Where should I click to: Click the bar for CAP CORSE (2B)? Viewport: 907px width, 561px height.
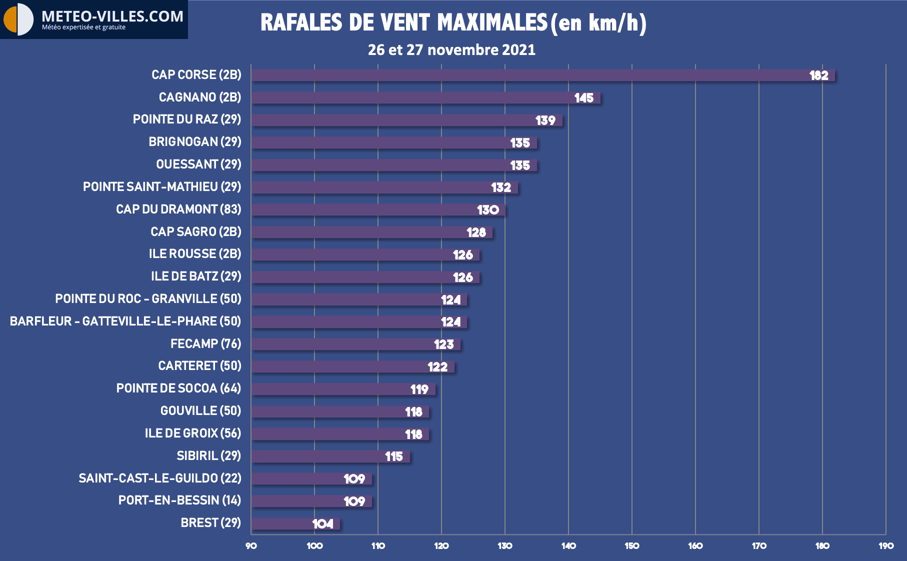542,75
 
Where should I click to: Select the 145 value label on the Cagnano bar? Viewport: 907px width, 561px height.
583,98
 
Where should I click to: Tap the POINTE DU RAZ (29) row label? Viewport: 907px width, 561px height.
187,119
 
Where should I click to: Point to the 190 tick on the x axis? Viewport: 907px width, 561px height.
886,546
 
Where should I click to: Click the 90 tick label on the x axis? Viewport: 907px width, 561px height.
251,546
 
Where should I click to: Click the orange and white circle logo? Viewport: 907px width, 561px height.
18,19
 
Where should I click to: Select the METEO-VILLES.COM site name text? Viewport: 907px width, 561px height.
112,16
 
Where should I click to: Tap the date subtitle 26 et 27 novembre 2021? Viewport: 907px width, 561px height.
451,50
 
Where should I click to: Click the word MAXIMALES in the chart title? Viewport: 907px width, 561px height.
492,23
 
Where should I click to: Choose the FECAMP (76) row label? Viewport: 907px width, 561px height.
205,344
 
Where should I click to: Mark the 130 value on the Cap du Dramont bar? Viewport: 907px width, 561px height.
487,210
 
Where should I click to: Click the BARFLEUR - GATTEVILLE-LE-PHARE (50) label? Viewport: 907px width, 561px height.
125,321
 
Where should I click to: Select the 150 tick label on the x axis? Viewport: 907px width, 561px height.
632,546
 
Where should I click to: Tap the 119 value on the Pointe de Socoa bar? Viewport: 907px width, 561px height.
419,389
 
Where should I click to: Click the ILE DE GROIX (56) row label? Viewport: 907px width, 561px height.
193,433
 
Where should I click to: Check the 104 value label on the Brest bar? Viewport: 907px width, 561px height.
322,524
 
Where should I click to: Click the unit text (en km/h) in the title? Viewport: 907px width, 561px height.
598,23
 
